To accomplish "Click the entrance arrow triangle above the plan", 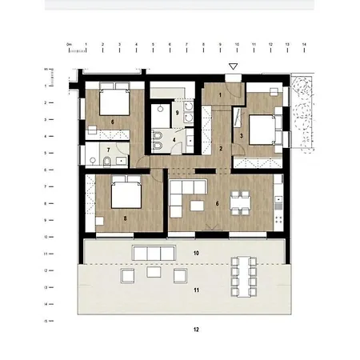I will click(x=233, y=66).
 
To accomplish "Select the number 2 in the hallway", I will click(x=221, y=149).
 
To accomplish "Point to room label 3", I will click(x=242, y=136).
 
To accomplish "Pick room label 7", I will click(x=109, y=150).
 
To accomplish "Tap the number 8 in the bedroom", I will click(x=126, y=217).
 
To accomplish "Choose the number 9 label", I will click(x=178, y=112).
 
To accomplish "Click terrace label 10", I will click(x=196, y=253).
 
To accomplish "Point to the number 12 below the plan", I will click(x=196, y=330).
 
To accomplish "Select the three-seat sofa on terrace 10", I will click(x=152, y=253).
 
